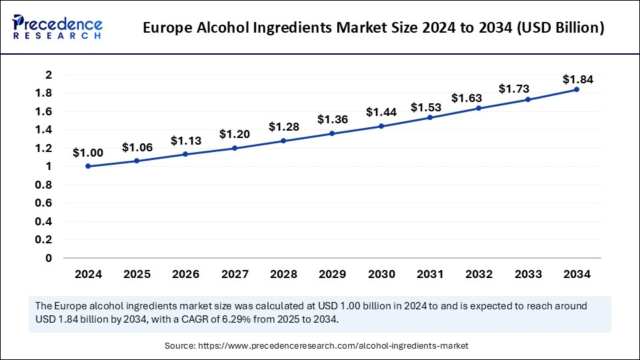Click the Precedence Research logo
coord(57,26)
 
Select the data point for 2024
coord(88,167)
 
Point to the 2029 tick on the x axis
coord(332,274)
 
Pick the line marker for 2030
coord(381,126)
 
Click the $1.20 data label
coord(234,134)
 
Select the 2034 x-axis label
coord(577,274)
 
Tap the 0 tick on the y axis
coord(48,258)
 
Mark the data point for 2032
coord(479,108)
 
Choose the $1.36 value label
coord(331,120)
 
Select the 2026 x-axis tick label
coord(185,274)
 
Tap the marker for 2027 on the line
coord(235,148)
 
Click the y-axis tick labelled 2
coord(48,75)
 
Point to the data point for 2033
coord(528,99)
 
